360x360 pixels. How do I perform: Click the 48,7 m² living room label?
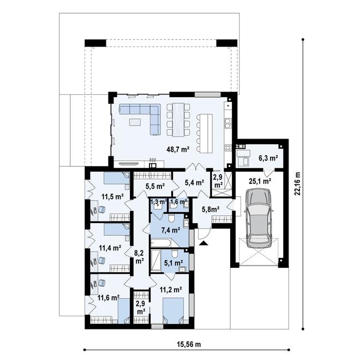pyautogui.click(x=178, y=149)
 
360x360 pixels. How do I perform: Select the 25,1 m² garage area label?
pyautogui.click(x=260, y=181)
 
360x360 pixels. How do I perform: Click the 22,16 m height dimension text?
pyautogui.click(x=298, y=184)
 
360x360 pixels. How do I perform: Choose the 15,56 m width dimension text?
pyautogui.click(x=189, y=344)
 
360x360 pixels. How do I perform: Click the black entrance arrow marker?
pyautogui.click(x=203, y=243)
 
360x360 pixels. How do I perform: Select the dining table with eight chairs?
pyautogui.click(x=178, y=119)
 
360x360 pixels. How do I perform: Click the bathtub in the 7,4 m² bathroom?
pyautogui.click(x=160, y=243)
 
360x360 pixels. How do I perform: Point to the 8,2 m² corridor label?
pyautogui.click(x=139, y=257)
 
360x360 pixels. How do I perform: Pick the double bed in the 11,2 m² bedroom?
pyautogui.click(x=173, y=311)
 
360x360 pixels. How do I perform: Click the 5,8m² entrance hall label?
pyautogui.click(x=211, y=209)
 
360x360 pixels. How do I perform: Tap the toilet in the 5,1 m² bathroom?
pyautogui.click(x=175, y=254)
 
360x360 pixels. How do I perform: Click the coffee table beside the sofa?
pyautogui.click(x=135, y=122)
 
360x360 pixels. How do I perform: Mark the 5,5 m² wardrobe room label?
pyautogui.click(x=155, y=186)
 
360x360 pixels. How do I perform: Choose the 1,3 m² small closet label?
pyautogui.click(x=158, y=202)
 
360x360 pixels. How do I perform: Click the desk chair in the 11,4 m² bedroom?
pyautogui.click(x=101, y=260)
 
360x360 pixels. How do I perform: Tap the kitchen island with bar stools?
pyautogui.click(x=205, y=133)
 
